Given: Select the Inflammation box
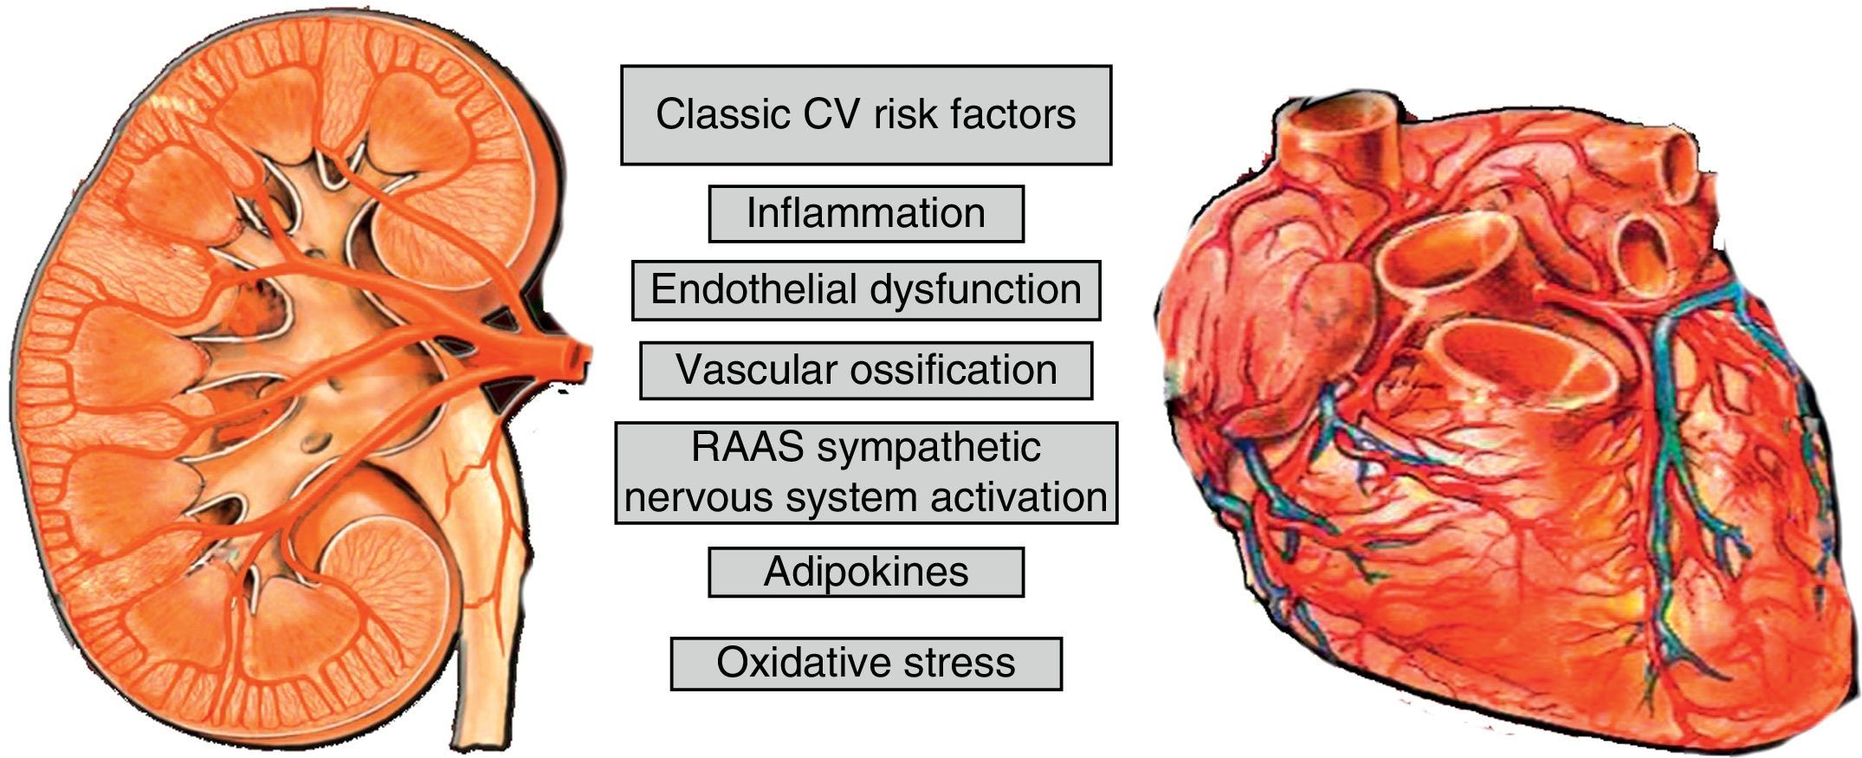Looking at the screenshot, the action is [866, 213].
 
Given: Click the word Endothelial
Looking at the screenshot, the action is [751, 289].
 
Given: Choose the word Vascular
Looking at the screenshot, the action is [750, 370].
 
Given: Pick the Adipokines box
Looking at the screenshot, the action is [866, 572].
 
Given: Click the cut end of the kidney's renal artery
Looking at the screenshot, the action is [579, 357].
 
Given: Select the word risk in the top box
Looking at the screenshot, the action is [903, 114].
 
